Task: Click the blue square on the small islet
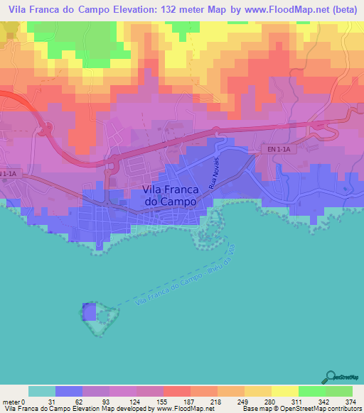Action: click(x=89, y=312)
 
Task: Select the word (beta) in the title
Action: click(x=341, y=10)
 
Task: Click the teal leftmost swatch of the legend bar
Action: click(x=42, y=391)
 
